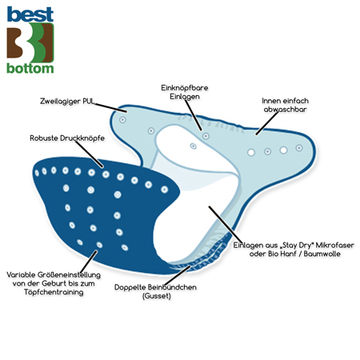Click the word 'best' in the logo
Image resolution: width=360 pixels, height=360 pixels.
(x=30, y=14)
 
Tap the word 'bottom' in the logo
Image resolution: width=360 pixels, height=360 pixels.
(x=30, y=68)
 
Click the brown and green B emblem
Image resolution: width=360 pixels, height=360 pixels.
(x=30, y=42)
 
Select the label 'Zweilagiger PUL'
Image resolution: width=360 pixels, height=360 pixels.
(x=67, y=102)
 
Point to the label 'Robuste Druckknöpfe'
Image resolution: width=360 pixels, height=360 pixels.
(x=67, y=138)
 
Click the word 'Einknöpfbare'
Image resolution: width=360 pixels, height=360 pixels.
(x=185, y=88)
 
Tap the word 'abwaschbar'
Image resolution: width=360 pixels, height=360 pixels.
(x=285, y=110)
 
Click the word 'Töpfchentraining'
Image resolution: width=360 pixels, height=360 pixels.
(x=54, y=292)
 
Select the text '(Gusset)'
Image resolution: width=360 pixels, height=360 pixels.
(x=157, y=296)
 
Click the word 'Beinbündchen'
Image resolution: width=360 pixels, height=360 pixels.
(x=172, y=287)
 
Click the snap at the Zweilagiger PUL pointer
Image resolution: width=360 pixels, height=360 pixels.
(x=122, y=120)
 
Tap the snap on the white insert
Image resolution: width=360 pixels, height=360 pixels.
(x=194, y=146)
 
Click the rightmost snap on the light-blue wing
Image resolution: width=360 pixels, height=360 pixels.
(x=299, y=148)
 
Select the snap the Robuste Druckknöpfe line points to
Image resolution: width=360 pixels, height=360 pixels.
(x=106, y=174)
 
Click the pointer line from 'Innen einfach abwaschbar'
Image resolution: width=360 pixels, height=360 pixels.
(x=267, y=123)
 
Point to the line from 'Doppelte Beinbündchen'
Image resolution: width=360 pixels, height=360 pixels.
(x=178, y=275)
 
